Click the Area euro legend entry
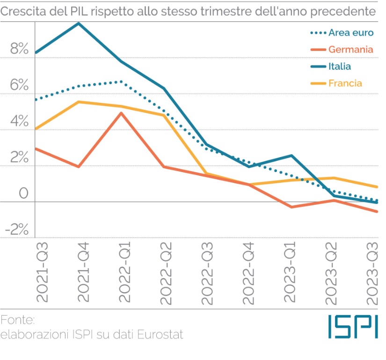tap(351, 33)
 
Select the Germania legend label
tap(350, 50)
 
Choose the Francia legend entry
tap(345, 84)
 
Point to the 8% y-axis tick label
tap(19, 49)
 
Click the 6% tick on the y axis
tap(19, 85)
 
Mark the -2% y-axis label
tap(17, 229)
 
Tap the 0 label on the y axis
tap(23, 193)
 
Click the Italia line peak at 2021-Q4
tap(78, 23)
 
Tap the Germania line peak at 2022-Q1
tap(121, 113)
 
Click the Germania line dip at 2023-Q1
tap(291, 207)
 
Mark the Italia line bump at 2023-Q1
tap(291, 156)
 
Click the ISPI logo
tap(352, 326)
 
